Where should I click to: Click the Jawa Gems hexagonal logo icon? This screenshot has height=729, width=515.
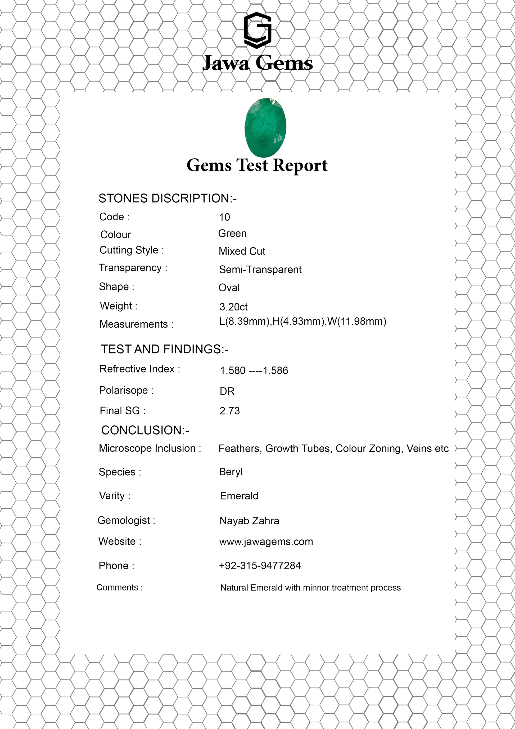click(257, 30)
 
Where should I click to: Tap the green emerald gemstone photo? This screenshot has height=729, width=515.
click(265, 127)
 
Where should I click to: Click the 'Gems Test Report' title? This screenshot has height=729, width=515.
click(257, 166)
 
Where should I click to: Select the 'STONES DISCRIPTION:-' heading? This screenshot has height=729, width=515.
click(167, 198)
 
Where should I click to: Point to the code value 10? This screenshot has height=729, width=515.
click(224, 217)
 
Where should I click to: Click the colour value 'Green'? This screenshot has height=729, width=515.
click(232, 233)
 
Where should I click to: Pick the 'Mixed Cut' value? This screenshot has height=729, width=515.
click(242, 251)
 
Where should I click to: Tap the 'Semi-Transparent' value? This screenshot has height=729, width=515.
click(260, 270)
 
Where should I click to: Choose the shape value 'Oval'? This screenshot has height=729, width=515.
click(229, 288)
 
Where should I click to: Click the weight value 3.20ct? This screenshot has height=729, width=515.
click(233, 307)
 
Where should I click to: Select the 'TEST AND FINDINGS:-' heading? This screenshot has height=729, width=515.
click(164, 349)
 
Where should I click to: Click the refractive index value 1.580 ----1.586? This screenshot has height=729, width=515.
click(254, 370)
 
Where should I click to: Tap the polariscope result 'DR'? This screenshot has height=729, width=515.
click(227, 391)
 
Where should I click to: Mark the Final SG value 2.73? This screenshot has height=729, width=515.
click(230, 411)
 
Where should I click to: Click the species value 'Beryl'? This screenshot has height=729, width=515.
click(231, 472)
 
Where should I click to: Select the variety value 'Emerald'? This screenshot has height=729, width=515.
click(239, 496)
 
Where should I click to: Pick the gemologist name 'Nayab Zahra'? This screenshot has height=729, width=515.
click(249, 521)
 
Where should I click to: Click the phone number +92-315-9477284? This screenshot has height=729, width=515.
click(260, 565)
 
